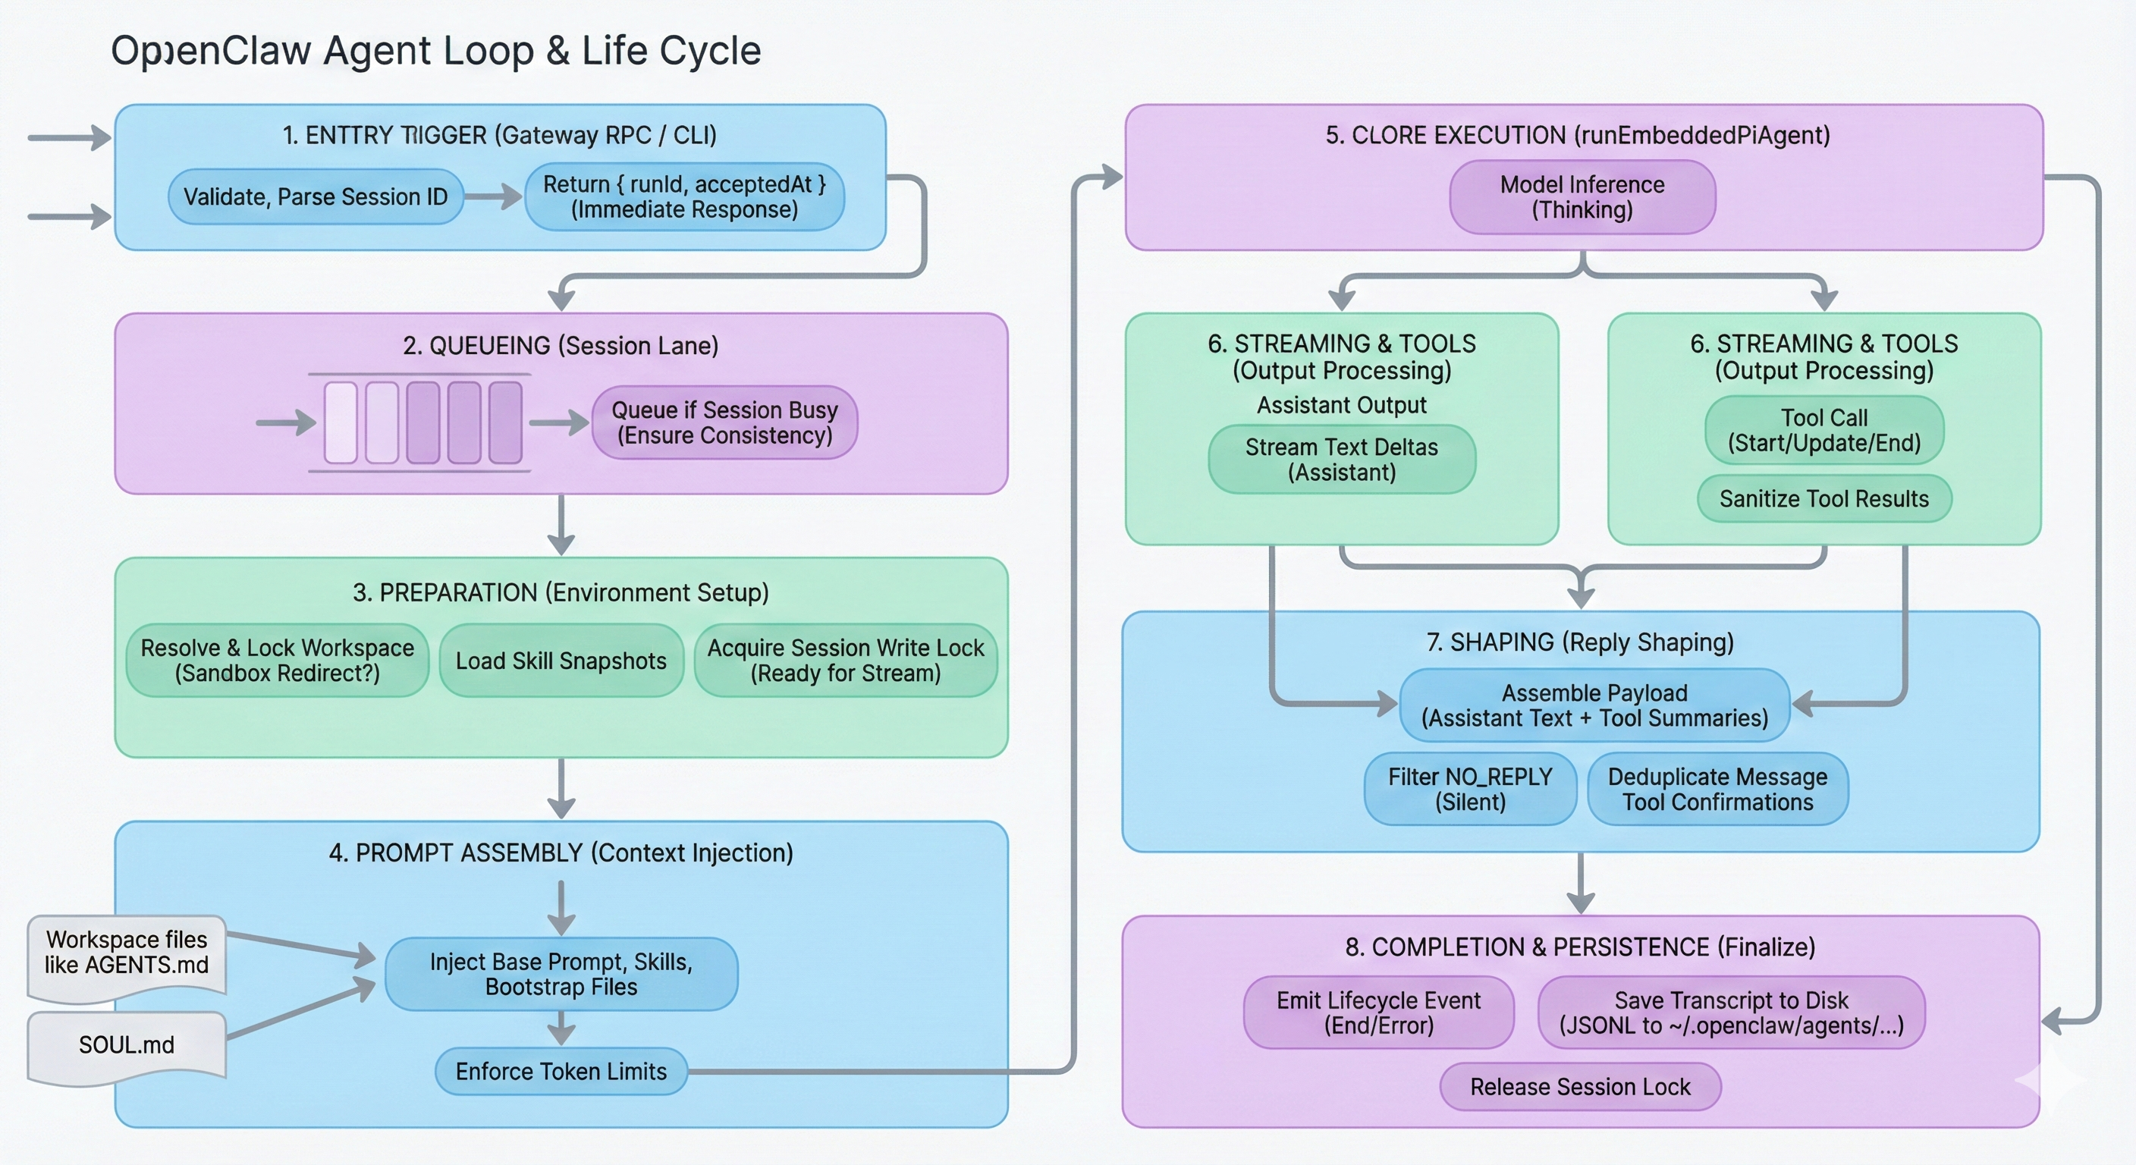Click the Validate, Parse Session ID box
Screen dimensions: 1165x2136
[x=315, y=196]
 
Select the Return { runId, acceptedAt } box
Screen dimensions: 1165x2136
[x=684, y=196]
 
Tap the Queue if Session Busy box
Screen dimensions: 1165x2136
[x=724, y=423]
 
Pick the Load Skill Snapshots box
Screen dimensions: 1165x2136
[x=561, y=661]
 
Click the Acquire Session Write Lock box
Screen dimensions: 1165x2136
[x=845, y=661]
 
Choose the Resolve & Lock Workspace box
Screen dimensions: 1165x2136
[x=277, y=661]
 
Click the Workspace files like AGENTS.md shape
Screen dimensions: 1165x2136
[x=127, y=953]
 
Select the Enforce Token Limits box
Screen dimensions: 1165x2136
[x=561, y=1071]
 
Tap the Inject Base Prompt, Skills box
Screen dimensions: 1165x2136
[x=561, y=975]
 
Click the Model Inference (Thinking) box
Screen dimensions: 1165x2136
[x=1582, y=197]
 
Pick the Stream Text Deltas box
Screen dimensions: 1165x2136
[x=1342, y=460]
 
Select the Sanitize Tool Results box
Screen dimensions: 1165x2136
[x=1824, y=498]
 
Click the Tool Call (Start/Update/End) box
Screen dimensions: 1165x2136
[x=1824, y=430]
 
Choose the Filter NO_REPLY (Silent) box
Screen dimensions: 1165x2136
[x=1470, y=790]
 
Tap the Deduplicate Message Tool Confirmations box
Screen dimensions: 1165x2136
[x=1717, y=790]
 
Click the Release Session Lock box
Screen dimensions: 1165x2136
[x=1581, y=1087]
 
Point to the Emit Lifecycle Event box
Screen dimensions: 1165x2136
[x=1378, y=1013]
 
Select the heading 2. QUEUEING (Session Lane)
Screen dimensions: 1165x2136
[x=561, y=346]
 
